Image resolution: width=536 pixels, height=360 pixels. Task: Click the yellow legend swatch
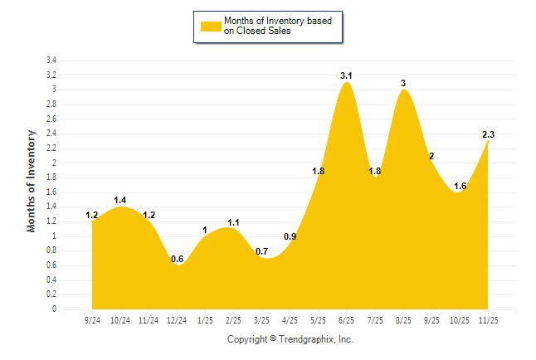(211, 27)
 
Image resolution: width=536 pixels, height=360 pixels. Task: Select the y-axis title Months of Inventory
(32, 181)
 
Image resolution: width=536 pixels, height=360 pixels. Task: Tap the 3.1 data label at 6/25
(347, 76)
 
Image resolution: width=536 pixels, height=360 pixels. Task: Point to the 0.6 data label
(178, 260)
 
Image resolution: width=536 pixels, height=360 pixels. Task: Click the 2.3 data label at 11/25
(489, 134)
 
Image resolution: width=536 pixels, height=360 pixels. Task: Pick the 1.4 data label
(121, 200)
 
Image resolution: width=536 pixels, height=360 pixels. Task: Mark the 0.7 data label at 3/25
(262, 251)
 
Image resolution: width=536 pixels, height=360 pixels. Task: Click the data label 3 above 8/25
(403, 83)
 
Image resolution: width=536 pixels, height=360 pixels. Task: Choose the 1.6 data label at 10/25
(460, 186)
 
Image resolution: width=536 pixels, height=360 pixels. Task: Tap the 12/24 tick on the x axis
(177, 319)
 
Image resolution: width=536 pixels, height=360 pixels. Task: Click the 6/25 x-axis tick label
(347, 319)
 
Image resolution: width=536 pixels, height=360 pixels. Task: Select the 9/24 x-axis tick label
(92, 319)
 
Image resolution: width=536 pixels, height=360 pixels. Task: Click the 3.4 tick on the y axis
(51, 61)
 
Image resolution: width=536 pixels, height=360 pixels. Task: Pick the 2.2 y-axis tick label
(51, 148)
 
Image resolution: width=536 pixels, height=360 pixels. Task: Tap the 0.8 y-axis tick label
(51, 251)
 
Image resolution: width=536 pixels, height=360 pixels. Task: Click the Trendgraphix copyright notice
(290, 339)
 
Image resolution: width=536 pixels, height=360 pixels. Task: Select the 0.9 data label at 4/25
(290, 236)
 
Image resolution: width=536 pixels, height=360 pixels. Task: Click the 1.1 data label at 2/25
(233, 222)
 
